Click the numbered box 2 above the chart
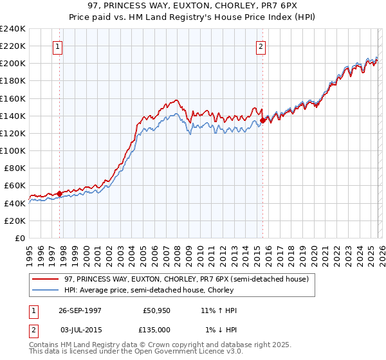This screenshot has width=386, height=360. pos(261,46)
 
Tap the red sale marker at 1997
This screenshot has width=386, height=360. pos(60,193)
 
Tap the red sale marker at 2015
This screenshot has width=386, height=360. pos(262,120)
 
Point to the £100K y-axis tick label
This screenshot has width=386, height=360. pos(13,150)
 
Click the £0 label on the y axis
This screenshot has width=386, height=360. pos(19,238)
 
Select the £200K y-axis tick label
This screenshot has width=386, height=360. pos(13,64)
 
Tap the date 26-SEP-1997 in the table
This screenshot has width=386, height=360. pos(83,310)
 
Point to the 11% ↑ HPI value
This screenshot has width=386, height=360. pos(218,310)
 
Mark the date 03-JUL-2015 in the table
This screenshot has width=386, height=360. pos(83,330)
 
